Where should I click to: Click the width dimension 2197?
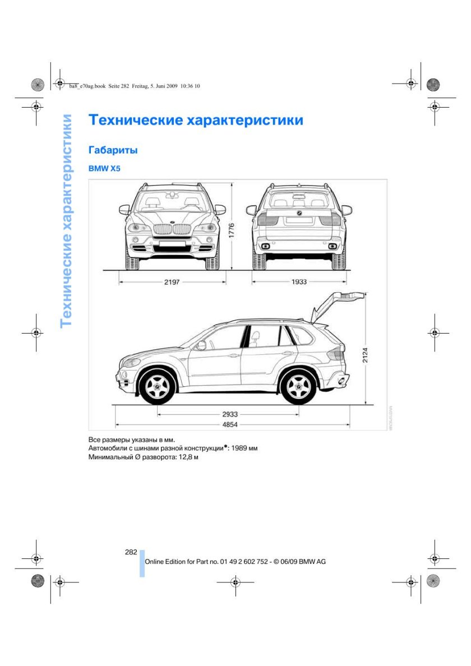pos(172,282)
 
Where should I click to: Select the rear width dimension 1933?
pos(299,282)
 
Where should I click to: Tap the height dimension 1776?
pos(232,231)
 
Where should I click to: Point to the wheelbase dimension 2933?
pos(230,414)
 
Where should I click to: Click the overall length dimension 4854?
pos(230,424)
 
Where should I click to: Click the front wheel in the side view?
pos(157,386)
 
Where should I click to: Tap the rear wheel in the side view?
pos(298,386)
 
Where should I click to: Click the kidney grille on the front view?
pos(172,229)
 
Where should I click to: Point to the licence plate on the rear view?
pos(298,220)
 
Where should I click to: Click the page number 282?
pos(131,552)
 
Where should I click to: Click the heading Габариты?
pos(113,150)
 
